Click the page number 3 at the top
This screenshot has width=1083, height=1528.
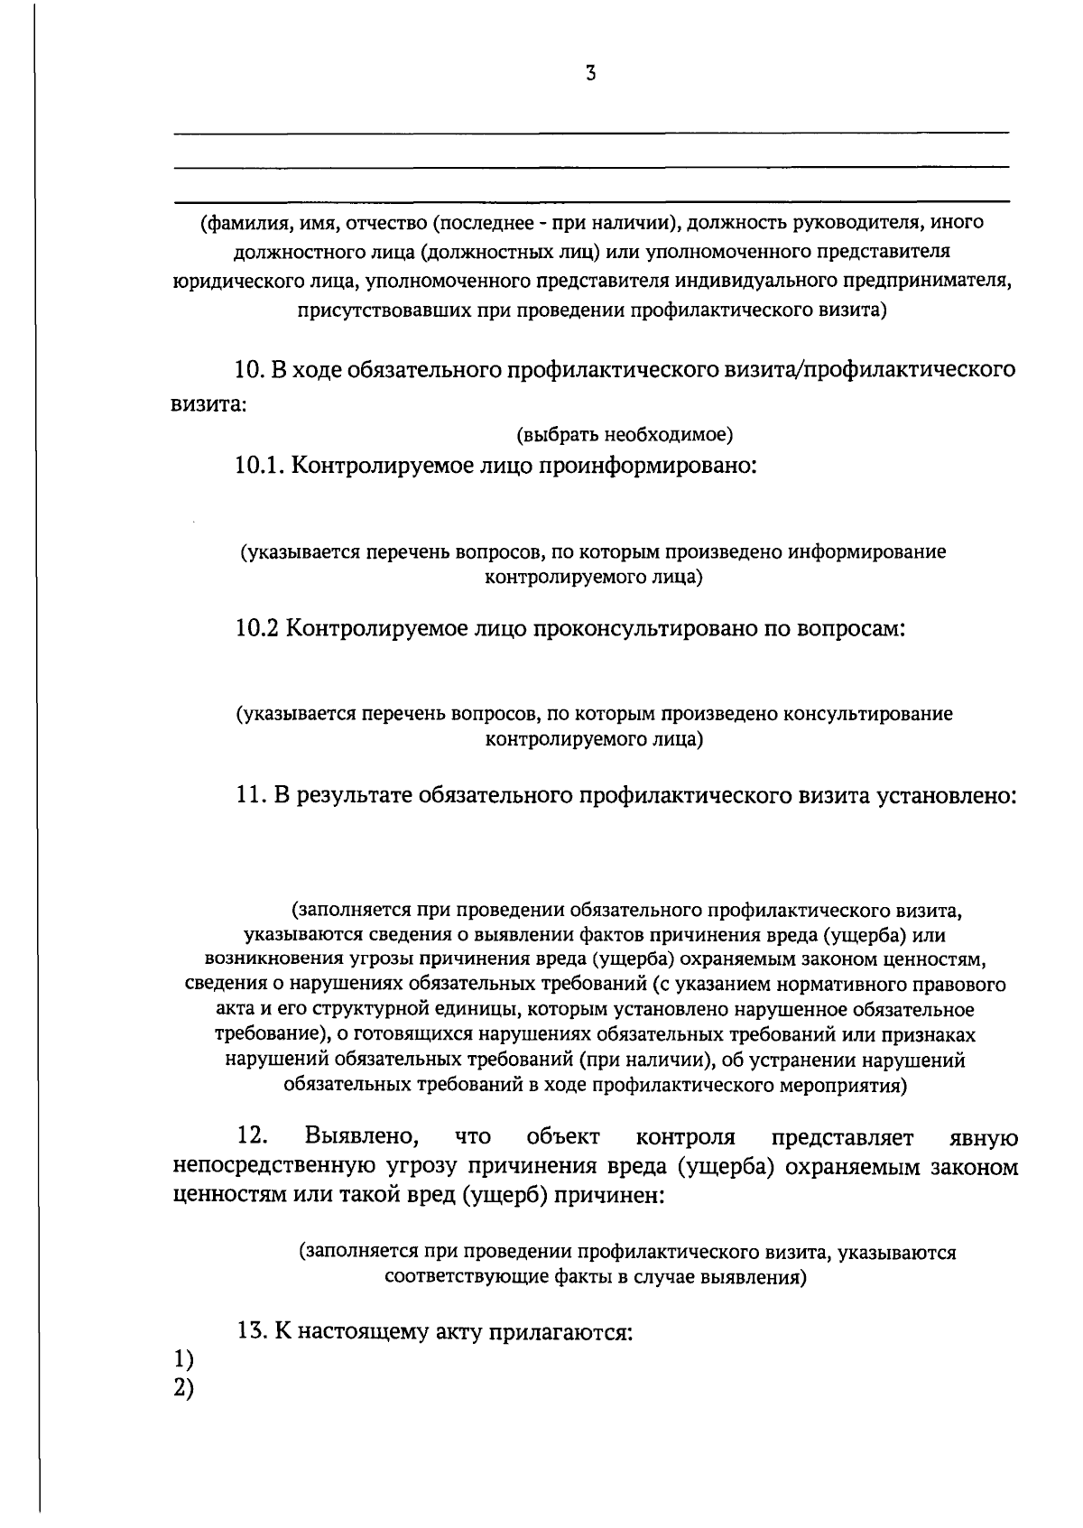click(x=590, y=75)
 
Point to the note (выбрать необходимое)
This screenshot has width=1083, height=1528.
click(x=624, y=435)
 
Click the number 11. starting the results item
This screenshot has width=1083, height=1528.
click(x=250, y=795)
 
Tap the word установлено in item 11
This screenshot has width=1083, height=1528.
click(x=948, y=795)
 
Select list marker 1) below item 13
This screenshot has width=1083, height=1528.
click(x=183, y=1358)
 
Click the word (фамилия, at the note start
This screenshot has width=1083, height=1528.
click(x=237, y=222)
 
